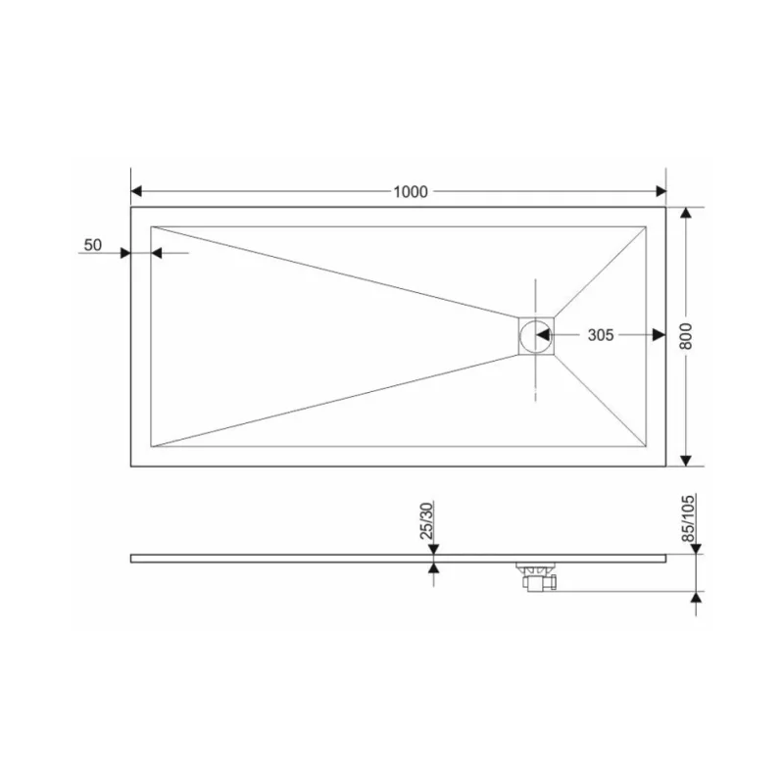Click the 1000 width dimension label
(x=410, y=191)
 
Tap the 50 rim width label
(x=93, y=246)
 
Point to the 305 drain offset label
(x=600, y=335)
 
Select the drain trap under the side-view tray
(x=535, y=576)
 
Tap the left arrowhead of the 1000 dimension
(x=139, y=191)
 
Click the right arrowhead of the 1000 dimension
(x=659, y=191)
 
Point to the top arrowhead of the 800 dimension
(x=686, y=215)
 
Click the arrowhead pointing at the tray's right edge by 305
(x=659, y=335)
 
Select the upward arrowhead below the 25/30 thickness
(x=433, y=568)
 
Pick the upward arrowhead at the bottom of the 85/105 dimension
(x=696, y=598)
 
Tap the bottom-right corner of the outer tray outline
(x=666, y=466)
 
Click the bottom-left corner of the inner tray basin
(x=150, y=447)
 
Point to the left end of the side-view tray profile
(x=132, y=558)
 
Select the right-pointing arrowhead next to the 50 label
(x=124, y=253)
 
